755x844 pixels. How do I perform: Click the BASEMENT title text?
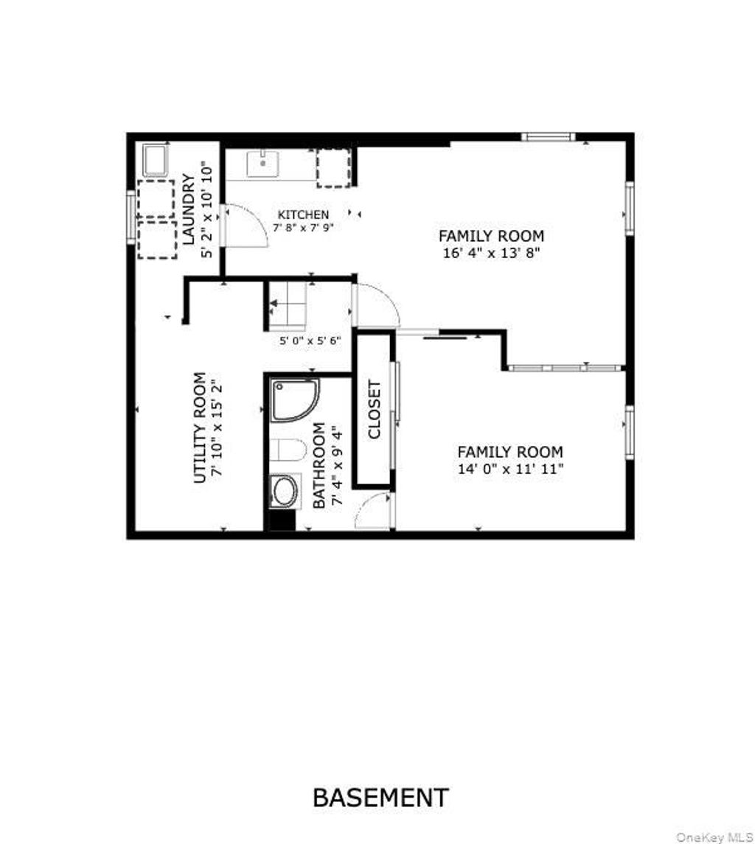pos(380,798)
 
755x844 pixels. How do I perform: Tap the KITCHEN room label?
pos(303,215)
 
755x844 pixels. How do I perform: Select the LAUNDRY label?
pos(188,209)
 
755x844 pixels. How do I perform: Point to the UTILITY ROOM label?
pos(200,428)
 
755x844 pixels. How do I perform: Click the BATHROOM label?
pos(319,466)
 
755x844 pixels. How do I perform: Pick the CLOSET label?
pos(375,410)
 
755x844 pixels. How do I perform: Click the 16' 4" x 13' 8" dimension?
pos(491,252)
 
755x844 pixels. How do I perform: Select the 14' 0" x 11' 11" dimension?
pos(510,469)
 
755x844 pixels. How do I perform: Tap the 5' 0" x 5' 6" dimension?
pos(310,341)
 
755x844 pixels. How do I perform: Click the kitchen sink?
pos(262,164)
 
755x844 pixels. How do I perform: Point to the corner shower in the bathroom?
pos(294,400)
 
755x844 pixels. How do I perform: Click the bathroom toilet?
pos(288,450)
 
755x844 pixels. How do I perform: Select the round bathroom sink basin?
pos(285,491)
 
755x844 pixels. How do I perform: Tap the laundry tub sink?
pos(156,160)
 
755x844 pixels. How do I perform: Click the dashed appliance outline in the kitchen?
pos(334,169)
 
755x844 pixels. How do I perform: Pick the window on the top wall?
pos(549,136)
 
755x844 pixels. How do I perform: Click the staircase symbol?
pos(288,306)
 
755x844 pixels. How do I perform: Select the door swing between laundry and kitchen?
pos(246,226)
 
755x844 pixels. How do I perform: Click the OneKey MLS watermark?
pos(714,837)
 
